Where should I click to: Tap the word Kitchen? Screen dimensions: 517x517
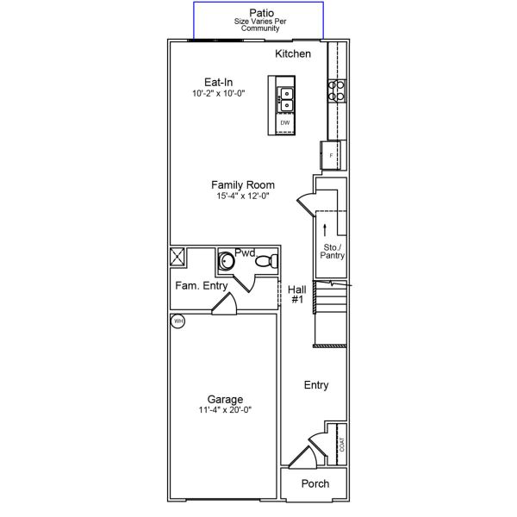293,54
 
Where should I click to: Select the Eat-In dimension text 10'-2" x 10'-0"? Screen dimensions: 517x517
219,93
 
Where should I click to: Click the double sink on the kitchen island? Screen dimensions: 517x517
284,99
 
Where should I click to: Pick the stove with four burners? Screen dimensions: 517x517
335,90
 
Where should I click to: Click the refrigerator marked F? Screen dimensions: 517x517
332,155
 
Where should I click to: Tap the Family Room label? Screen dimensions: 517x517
243,184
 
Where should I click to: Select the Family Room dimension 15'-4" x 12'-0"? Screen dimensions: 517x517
243,196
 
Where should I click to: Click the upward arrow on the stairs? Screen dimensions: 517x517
325,228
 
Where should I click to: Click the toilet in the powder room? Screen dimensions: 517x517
270,259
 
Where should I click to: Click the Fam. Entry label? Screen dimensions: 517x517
201,285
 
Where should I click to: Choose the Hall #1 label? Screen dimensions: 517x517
296,295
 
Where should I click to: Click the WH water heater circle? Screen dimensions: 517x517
178,321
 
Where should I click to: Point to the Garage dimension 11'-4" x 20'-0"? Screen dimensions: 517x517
224,410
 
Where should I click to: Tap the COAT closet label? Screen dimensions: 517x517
342,444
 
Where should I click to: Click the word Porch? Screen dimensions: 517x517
315,483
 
